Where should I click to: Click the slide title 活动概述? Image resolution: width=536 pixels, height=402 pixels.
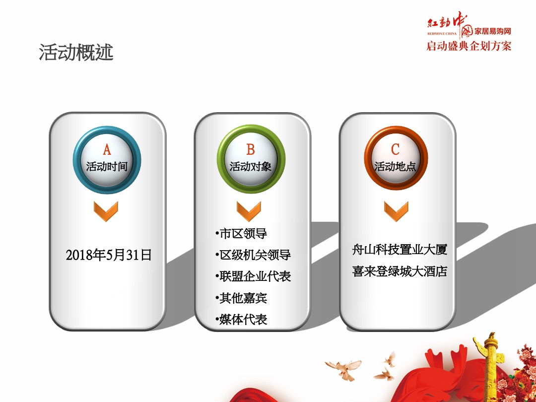pyautogui.click(x=76, y=52)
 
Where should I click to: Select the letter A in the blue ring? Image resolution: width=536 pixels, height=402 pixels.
pyautogui.click(x=107, y=149)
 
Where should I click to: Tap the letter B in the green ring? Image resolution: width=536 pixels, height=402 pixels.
pyautogui.click(x=251, y=149)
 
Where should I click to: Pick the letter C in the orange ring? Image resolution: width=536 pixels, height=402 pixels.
pyautogui.click(x=395, y=149)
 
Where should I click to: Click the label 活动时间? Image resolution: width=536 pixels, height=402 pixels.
pyautogui.click(x=107, y=166)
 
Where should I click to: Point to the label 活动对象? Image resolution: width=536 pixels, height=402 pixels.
pyautogui.click(x=251, y=166)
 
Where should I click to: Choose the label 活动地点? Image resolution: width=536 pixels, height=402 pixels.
pyautogui.click(x=395, y=166)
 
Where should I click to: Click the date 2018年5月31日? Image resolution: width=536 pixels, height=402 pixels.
pyautogui.click(x=108, y=255)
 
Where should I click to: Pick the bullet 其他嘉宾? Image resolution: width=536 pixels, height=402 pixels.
pyautogui.click(x=243, y=298)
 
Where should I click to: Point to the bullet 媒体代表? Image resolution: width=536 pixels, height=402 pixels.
pyautogui.click(x=243, y=319)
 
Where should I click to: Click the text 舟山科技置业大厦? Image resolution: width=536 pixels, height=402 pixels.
pyautogui.click(x=400, y=250)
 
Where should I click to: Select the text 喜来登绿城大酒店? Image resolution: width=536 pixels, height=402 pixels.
pyautogui.click(x=400, y=271)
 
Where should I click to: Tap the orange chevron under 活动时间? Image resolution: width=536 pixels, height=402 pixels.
pyautogui.click(x=107, y=211)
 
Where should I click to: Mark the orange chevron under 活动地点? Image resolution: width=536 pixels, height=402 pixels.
pyautogui.click(x=396, y=211)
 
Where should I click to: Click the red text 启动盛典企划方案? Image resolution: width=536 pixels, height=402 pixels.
pyautogui.click(x=469, y=46)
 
